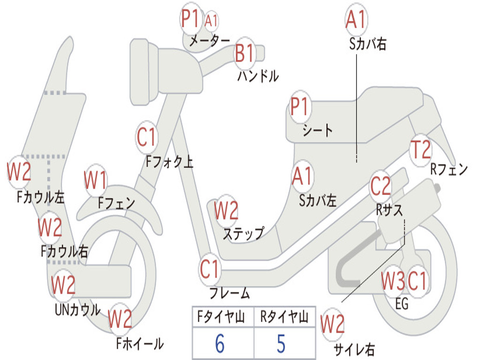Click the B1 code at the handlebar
[x=244, y=53]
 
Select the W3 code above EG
[x=392, y=281]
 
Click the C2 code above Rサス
[x=381, y=186]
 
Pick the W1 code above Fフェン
[x=96, y=180]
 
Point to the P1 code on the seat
[x=300, y=106]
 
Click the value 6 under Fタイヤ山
[x=220, y=344]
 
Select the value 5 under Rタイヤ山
[x=281, y=344]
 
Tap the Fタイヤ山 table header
[x=221, y=316]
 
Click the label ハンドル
[x=258, y=76]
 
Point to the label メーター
[x=210, y=40]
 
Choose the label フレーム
[x=230, y=293]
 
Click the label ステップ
[x=244, y=233]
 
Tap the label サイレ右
[x=354, y=349]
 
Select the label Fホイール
[x=140, y=344]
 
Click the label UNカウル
[x=78, y=309]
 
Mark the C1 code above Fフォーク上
[x=146, y=137]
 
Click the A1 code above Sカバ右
[x=356, y=19]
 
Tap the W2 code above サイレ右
[x=332, y=324]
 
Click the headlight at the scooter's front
[x=144, y=72]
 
